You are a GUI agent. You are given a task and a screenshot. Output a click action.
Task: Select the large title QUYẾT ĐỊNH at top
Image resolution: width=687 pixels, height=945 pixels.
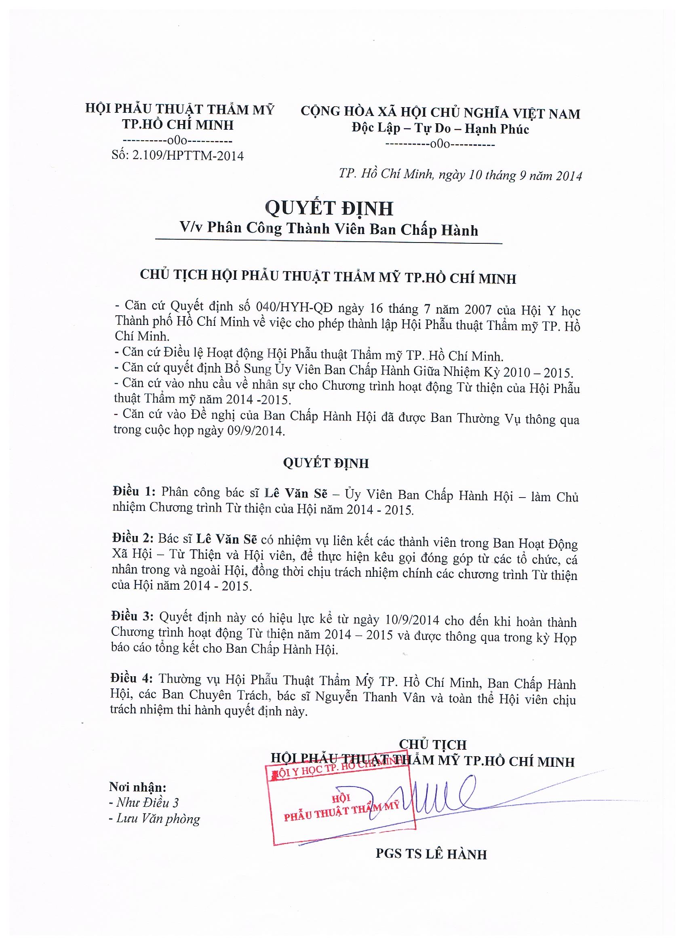pos(329,208)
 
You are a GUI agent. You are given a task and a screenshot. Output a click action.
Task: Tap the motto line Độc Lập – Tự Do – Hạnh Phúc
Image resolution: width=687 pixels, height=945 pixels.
pos(440,129)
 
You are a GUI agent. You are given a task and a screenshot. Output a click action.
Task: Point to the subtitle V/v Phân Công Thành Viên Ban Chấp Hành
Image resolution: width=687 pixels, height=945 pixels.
pos(329,230)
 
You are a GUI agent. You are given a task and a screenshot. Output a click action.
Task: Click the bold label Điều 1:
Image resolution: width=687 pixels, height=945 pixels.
pos(134,491)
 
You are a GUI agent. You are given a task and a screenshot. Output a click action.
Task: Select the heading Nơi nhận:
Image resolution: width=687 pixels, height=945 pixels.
pos(137,787)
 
